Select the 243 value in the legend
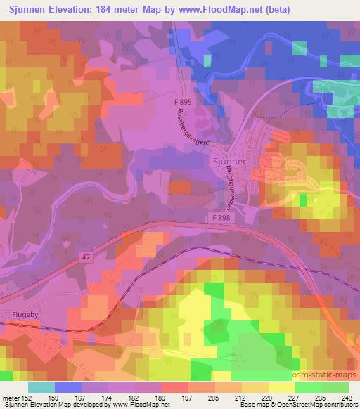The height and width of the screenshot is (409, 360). [x=347, y=397]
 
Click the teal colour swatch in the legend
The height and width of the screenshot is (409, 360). [x=41, y=387]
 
